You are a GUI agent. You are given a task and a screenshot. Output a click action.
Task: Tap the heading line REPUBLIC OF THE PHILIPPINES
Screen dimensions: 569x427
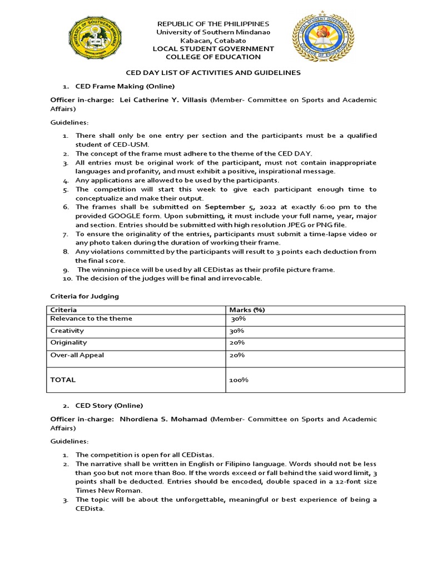(213, 24)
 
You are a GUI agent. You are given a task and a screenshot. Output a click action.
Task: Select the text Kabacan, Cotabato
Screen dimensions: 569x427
(213, 41)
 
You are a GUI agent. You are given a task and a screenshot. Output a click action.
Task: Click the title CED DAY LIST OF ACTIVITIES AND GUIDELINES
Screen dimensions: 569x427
(213, 73)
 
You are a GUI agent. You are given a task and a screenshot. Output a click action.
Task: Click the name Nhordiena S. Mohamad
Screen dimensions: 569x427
(164, 419)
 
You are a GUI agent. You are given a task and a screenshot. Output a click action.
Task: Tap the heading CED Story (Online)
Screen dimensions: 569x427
(109, 405)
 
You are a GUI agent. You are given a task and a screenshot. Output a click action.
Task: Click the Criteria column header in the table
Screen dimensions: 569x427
(63, 310)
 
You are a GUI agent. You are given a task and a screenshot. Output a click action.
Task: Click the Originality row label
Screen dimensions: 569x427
(68, 343)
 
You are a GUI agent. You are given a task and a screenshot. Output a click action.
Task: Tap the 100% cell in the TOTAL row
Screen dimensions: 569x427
(239, 381)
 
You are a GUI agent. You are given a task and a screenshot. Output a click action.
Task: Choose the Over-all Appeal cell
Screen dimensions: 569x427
(77, 355)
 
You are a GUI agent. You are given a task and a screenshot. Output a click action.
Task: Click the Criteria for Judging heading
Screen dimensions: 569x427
(85, 297)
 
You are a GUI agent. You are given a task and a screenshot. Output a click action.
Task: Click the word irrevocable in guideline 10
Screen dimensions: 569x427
(240, 278)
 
